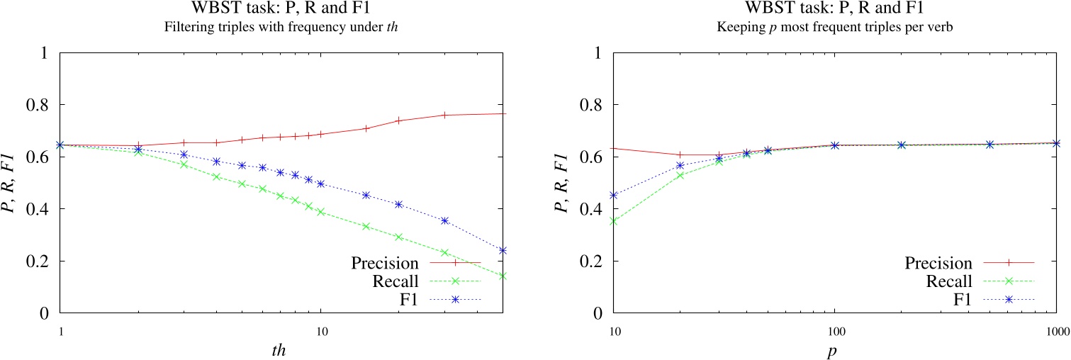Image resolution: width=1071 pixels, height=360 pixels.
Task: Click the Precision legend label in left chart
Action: coord(393,263)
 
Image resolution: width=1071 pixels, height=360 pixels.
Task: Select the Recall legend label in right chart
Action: coord(952,282)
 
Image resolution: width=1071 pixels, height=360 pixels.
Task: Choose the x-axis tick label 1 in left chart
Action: coord(61,332)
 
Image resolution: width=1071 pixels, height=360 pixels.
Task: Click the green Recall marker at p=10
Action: coord(614,221)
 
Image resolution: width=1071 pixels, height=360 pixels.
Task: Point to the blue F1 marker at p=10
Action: coord(614,195)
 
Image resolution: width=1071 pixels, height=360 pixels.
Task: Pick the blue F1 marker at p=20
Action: coord(680,166)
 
